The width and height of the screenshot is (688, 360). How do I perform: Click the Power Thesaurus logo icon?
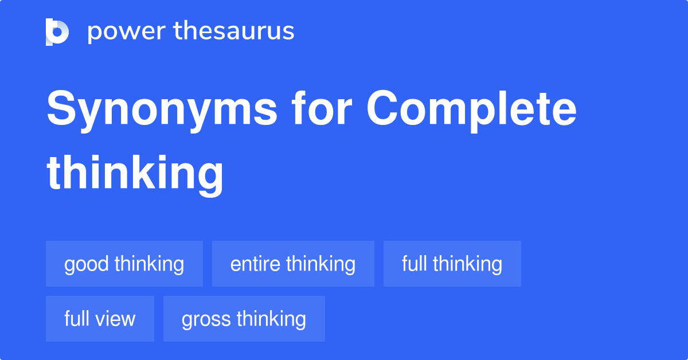click(x=57, y=32)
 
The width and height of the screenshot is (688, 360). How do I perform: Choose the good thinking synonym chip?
click(x=124, y=264)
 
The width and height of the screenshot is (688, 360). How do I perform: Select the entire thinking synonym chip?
click(x=293, y=264)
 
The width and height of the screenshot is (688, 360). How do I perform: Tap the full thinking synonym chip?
click(x=452, y=264)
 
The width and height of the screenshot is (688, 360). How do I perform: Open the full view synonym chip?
click(x=100, y=319)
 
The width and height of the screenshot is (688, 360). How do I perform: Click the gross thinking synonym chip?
click(x=244, y=319)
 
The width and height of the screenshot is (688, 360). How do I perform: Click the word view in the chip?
click(x=118, y=319)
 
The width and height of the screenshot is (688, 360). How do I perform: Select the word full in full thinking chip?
click(x=415, y=264)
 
